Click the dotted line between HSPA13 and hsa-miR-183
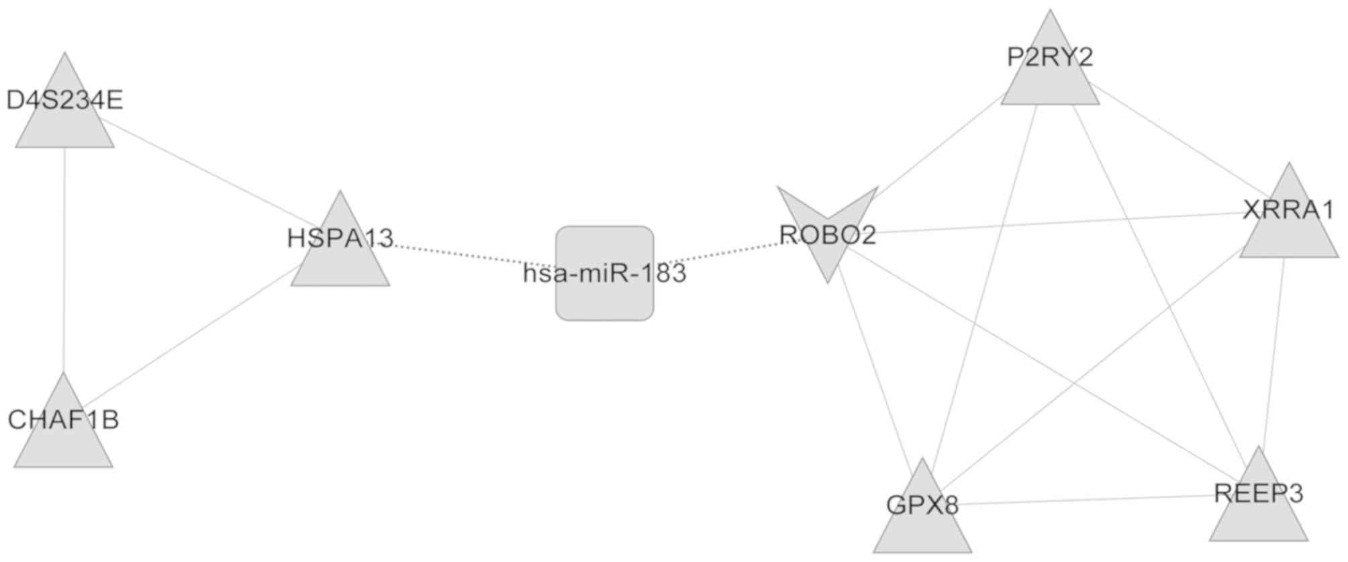(x=470, y=255)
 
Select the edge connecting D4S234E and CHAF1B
(x=64, y=262)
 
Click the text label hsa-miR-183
(x=604, y=273)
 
